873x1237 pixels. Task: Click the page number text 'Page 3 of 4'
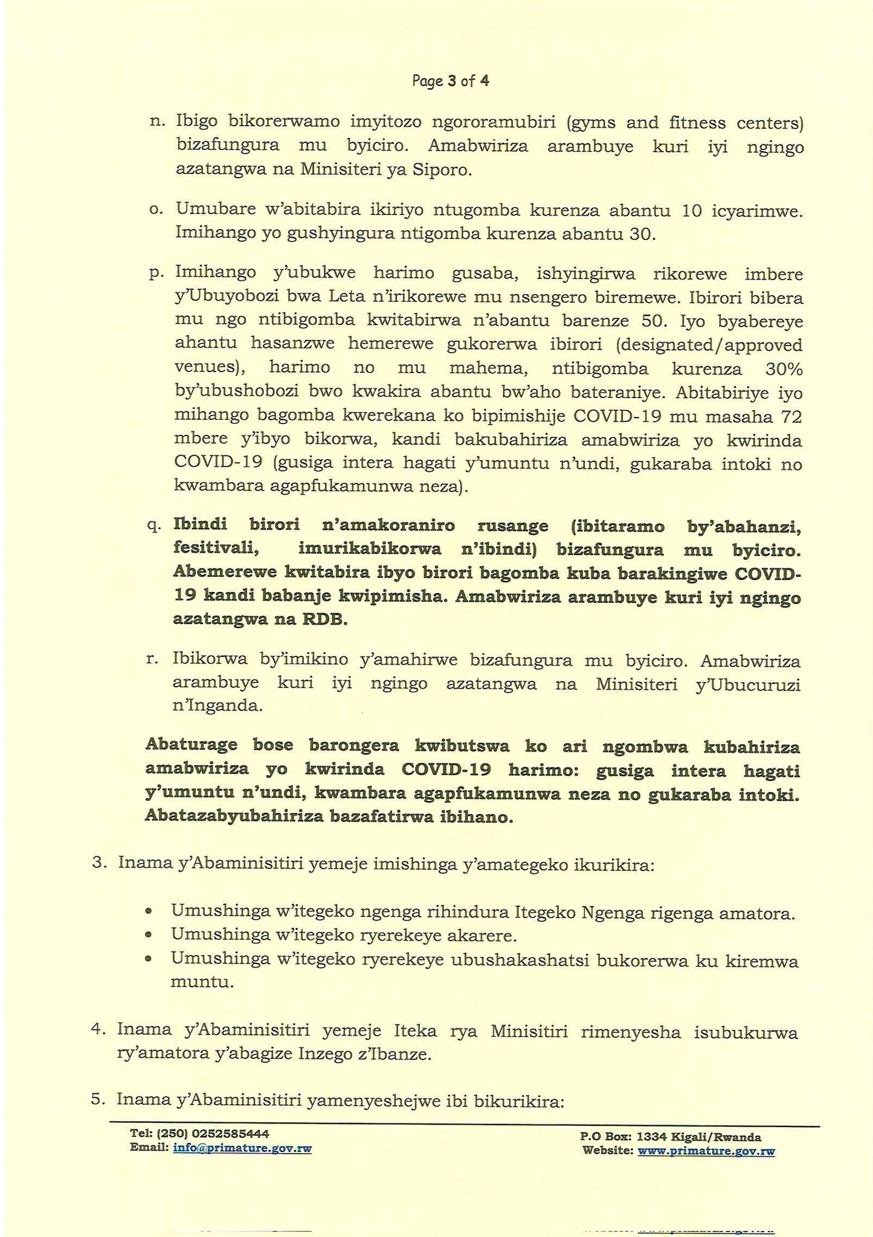[450, 81]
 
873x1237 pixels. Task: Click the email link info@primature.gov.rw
[242, 1148]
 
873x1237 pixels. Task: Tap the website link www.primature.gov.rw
[706, 1151]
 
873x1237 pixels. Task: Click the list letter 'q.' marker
[153, 525]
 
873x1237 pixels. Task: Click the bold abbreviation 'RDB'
[326, 620]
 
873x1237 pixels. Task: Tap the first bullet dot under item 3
[149, 911]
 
